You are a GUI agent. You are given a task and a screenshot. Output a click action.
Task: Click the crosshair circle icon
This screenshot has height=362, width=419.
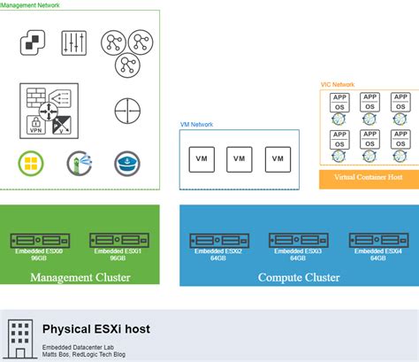point(127,111)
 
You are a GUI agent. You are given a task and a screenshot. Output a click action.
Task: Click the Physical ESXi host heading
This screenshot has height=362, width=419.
point(95,329)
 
